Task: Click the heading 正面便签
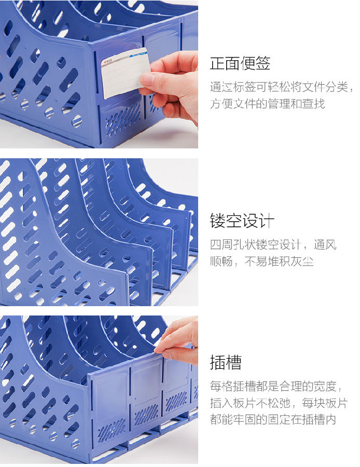240,63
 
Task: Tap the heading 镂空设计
242,221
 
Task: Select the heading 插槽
226,362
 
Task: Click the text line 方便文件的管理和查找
267,104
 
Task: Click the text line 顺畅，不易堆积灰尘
262,262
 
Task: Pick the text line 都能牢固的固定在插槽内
273,419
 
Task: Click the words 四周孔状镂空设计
256,245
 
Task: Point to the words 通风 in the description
325,245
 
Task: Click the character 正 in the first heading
217,63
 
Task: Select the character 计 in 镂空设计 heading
266,221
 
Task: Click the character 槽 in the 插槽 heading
234,362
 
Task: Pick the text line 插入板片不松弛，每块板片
279,403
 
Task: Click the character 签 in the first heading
262,63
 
